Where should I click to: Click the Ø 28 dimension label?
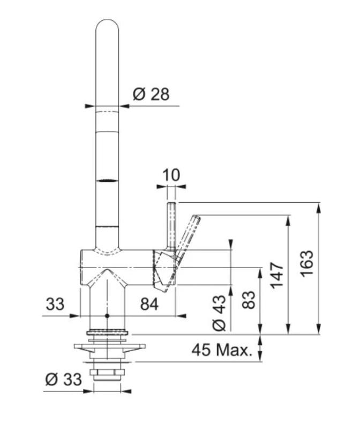(151, 94)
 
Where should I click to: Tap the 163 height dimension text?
(306, 263)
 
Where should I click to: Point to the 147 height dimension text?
(276, 275)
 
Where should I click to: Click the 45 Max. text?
(222, 351)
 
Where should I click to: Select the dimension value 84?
(149, 305)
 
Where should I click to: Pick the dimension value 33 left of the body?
(54, 305)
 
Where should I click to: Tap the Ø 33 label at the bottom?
(64, 380)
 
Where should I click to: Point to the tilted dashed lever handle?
(188, 236)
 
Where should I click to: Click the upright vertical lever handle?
(171, 225)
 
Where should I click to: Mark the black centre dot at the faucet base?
(107, 316)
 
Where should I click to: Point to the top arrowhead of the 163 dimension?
(319, 206)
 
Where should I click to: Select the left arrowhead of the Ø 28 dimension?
(91, 106)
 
